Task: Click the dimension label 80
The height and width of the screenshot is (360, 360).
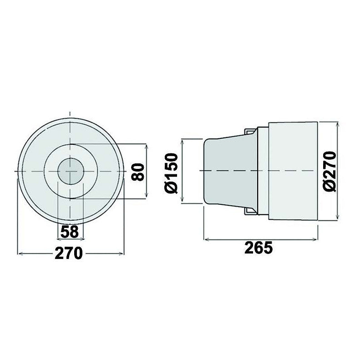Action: click(139, 171)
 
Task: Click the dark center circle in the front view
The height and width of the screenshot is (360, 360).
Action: click(71, 171)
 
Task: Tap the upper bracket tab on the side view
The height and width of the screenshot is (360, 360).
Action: click(249, 131)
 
